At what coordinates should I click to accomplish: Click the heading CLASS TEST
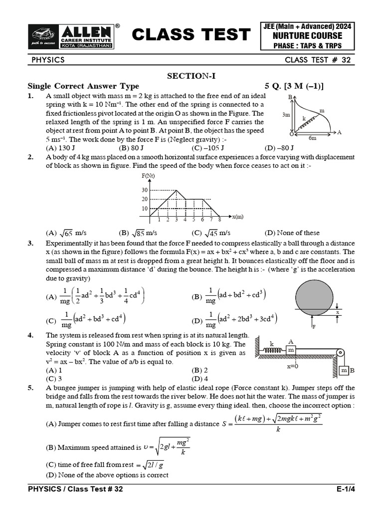pyautogui.click(x=191, y=35)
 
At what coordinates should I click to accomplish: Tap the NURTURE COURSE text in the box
pyautogui.click(x=310, y=36)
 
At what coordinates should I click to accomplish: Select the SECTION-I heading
pyautogui.click(x=191, y=76)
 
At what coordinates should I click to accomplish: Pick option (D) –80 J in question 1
pyautogui.click(x=279, y=148)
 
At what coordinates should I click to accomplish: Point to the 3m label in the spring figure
pyautogui.click(x=286, y=115)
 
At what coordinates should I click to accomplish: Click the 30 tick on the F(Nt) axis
pyautogui.click(x=145, y=190)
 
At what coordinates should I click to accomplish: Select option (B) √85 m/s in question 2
pyautogui.click(x=138, y=233)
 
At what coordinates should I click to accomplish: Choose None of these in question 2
pyautogui.click(x=292, y=233)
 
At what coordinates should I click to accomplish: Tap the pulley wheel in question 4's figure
pyautogui.click(x=340, y=353)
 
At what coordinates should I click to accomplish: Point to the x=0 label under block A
pyautogui.click(x=292, y=366)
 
